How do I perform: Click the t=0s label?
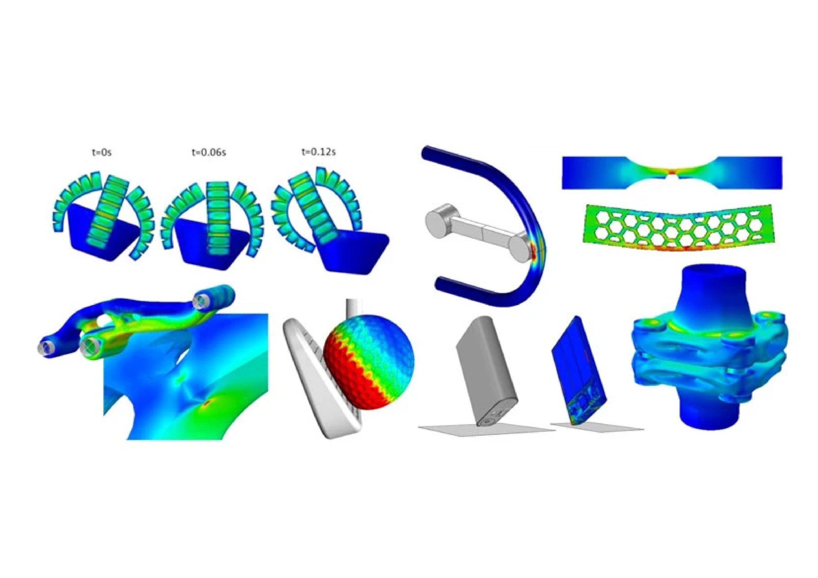(102, 152)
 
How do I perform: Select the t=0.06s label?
(208, 152)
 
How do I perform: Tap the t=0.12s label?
(319, 152)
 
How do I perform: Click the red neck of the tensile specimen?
(672, 173)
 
